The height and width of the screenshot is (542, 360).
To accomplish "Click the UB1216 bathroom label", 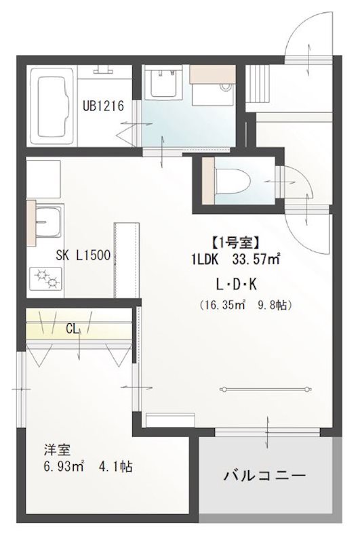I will pos(103,106).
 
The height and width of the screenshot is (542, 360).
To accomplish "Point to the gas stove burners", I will pos(45,277).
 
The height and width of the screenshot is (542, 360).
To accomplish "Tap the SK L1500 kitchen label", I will pos(83,256).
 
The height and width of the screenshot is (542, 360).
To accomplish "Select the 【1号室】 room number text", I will pos(235,241).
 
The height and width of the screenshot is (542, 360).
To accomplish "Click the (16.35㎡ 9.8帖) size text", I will pos(245,305).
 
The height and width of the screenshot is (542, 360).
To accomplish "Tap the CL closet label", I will pos(73,329).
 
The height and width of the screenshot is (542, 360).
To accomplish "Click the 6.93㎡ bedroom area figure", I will pos(57,467).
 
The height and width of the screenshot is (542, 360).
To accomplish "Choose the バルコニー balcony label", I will pos(265,475).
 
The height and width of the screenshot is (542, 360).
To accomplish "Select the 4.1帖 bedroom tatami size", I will pos(116,467).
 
